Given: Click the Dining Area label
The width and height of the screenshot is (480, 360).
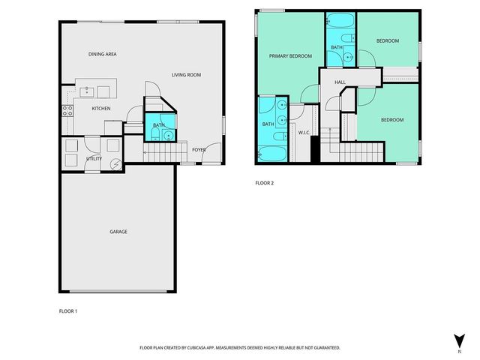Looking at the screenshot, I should click(x=103, y=54).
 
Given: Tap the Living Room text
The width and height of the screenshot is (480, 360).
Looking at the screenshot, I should click(x=186, y=74).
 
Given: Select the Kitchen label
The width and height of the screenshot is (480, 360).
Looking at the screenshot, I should click(x=101, y=109).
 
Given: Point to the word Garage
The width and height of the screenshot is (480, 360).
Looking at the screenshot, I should click(x=118, y=232).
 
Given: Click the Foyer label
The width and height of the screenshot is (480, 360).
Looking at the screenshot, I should click(x=199, y=149).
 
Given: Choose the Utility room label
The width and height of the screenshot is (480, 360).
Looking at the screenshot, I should click(x=94, y=159).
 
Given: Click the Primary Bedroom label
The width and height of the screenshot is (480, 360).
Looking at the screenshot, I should click(x=290, y=56).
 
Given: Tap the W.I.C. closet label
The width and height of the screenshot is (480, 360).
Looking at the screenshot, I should click(x=304, y=133).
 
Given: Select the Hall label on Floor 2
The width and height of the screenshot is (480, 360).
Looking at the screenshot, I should click(x=340, y=82).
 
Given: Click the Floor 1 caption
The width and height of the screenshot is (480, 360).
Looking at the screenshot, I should click(x=68, y=310).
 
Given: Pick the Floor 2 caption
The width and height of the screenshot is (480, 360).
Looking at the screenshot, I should click(x=264, y=183).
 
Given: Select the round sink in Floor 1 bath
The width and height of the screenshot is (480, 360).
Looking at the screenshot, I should click(x=169, y=136).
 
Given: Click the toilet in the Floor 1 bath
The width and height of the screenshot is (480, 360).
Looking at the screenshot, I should click(x=154, y=135).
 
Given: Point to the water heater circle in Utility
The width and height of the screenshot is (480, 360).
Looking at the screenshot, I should click(x=115, y=165).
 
